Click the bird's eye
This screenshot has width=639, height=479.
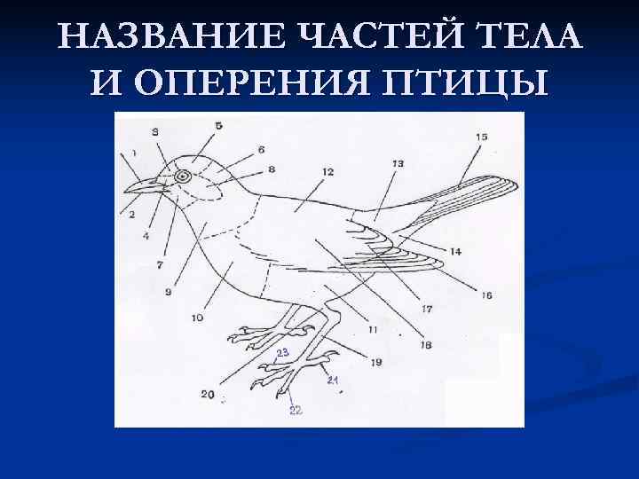pyautogui.click(x=183, y=177)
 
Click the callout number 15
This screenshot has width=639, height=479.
pyautogui.click(x=481, y=137)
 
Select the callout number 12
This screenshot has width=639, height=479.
pyautogui.click(x=327, y=171)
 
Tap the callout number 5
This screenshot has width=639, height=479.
pyautogui.click(x=218, y=126)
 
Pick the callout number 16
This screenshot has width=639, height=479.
pyautogui.click(x=486, y=295)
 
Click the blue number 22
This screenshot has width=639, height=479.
pyautogui.click(x=296, y=410)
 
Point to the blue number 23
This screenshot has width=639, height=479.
pyautogui.click(x=282, y=353)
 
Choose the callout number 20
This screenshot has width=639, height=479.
pyautogui.click(x=207, y=395)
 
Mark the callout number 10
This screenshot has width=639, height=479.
pyautogui.click(x=197, y=318)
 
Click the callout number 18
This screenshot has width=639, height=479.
pyautogui.click(x=426, y=344)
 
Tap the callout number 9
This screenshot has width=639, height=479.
pyautogui.click(x=168, y=291)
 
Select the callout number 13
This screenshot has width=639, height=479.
pyautogui.click(x=397, y=163)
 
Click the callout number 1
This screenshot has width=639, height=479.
pyautogui.click(x=134, y=153)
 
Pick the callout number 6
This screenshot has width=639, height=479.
pyautogui.click(x=261, y=149)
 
